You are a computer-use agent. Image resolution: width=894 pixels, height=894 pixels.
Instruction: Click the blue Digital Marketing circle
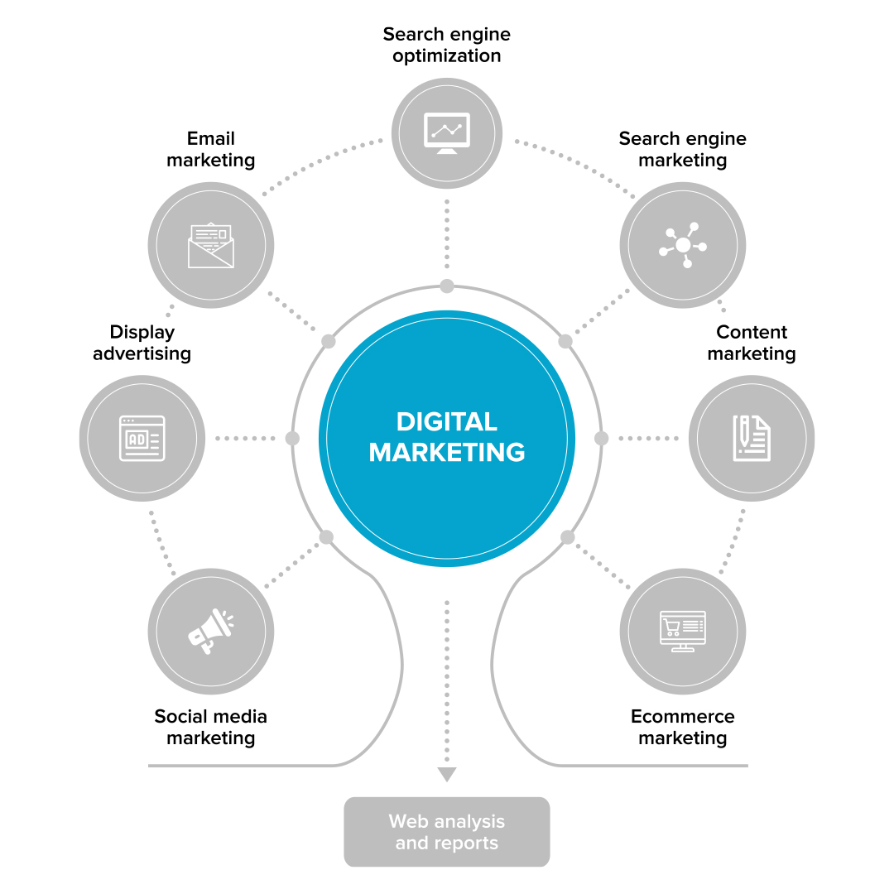tap(447, 497)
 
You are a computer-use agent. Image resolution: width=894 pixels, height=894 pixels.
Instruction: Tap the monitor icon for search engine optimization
tap(447, 133)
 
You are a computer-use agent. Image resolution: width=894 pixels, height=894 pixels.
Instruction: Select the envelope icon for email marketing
tap(211, 245)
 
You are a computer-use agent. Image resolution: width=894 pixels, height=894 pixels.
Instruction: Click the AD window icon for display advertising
tap(142, 438)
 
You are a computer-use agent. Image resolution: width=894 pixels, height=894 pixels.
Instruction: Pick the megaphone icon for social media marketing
tap(211, 632)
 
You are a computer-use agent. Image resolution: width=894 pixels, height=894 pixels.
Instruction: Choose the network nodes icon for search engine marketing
tap(683, 245)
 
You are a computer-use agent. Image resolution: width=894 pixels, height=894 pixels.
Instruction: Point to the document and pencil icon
tap(752, 438)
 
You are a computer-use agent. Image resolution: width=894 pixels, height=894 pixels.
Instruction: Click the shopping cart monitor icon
tap(683, 632)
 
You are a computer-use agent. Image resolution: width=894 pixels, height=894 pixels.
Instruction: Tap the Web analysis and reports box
tap(447, 832)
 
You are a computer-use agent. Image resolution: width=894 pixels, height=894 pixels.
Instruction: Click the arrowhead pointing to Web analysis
tap(447, 775)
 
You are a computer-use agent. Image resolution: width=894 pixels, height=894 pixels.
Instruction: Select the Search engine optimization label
tap(447, 46)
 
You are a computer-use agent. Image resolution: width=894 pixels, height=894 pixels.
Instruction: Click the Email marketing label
tap(211, 149)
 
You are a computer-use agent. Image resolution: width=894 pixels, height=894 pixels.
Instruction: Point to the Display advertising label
tap(142, 343)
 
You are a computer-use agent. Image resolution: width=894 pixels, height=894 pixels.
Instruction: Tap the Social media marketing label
tap(211, 727)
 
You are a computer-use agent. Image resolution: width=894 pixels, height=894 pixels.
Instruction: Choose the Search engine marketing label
tap(683, 149)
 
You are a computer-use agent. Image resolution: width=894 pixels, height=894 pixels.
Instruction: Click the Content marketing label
tap(752, 343)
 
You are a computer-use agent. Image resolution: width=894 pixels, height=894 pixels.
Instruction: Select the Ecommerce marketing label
tap(683, 727)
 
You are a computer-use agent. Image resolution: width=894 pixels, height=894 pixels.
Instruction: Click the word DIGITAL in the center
tap(447, 421)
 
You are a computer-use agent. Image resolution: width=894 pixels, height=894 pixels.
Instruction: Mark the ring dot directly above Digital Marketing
tap(447, 286)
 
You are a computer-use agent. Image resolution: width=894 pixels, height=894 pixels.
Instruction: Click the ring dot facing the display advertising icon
tap(292, 438)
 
